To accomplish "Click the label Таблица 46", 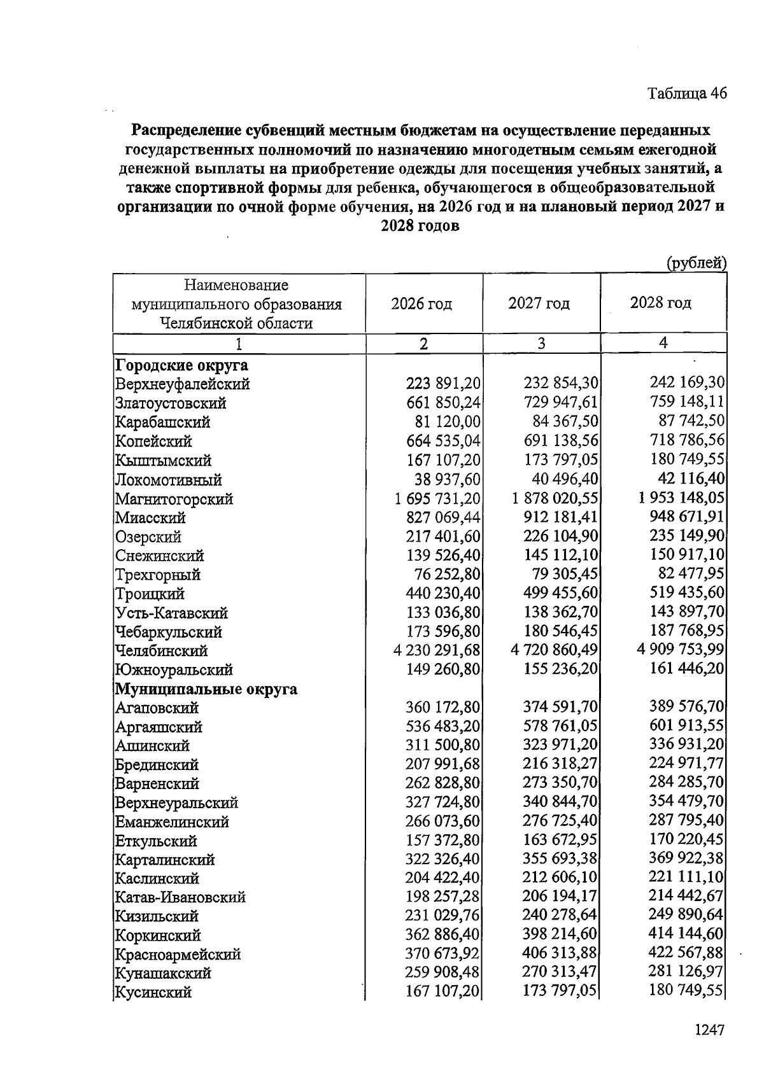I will coord(687,94).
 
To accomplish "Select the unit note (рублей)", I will coord(696,262).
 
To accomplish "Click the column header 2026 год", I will coord(421,304).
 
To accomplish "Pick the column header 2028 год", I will coord(661,303).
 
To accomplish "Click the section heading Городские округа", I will coord(181,366).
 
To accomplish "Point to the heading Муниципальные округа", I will coord(206,689).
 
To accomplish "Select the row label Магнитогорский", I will coord(174,500).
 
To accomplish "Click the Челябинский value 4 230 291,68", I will coord(437,651).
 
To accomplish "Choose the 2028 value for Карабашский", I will coord(691,421).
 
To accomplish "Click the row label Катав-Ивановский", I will coord(180,897).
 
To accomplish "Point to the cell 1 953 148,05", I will coord(682,498).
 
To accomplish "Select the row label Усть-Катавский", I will coord(171,613).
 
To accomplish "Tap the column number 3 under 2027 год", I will coord(541,344).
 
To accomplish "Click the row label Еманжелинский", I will coord(172,822).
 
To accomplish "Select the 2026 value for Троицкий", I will coord(443,594).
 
